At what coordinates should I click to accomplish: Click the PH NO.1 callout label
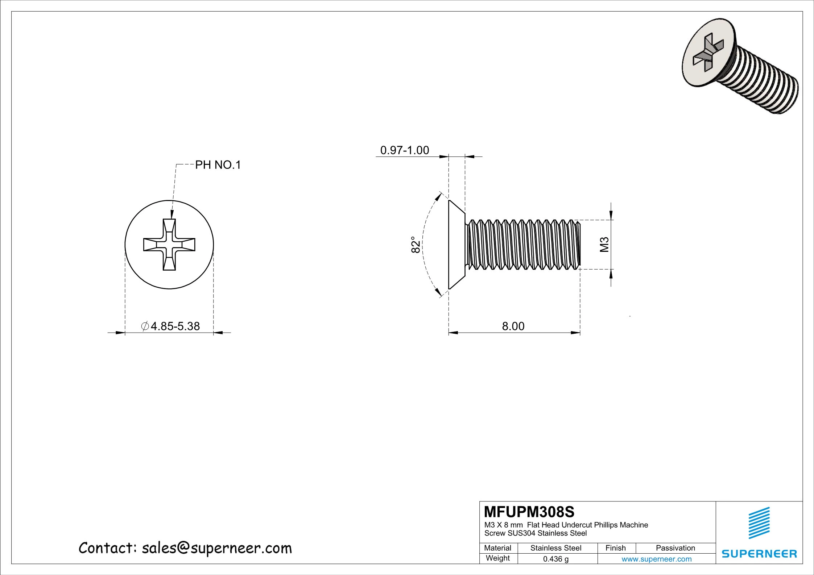(218, 165)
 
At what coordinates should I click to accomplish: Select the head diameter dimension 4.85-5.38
(175, 326)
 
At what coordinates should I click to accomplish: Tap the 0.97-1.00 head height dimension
(404, 150)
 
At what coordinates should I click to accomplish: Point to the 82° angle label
(416, 245)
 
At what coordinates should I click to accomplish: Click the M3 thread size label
(604, 245)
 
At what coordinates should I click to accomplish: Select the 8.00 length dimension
(513, 326)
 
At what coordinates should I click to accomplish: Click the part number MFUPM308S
(529, 512)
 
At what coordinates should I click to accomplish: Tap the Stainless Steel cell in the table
(555, 548)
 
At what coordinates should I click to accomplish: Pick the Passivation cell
(675, 548)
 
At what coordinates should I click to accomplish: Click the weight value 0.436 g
(555, 559)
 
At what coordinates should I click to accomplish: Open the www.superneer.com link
(656, 559)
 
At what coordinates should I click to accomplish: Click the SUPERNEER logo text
(759, 554)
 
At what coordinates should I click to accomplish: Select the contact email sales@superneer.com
(216, 548)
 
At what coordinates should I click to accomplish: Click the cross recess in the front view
(169, 245)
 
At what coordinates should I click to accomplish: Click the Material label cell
(497, 548)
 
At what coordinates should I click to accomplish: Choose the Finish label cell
(615, 548)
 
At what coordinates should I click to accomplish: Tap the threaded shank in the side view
(524, 245)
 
